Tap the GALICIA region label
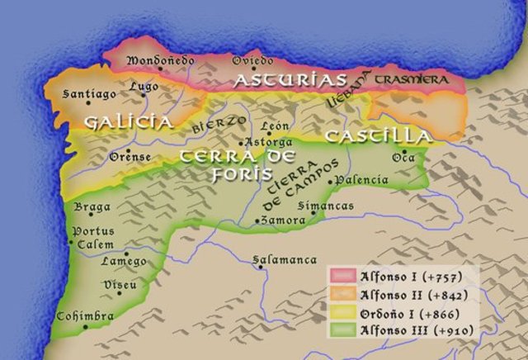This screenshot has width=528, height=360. coord(128,122)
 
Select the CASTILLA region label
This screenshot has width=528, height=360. coord(377,135)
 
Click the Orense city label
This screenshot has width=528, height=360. coord(129,157)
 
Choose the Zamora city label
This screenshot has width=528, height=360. coord(281,220)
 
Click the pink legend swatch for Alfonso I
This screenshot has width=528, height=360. coord(340,275)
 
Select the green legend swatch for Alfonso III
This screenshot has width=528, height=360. coord(340,331)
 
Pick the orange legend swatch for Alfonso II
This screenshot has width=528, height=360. coord(340,294)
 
